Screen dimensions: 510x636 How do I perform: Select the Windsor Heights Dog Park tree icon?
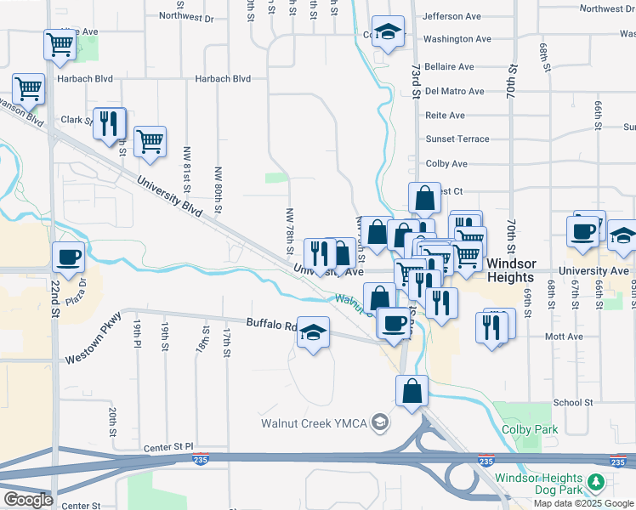click(x=596, y=483)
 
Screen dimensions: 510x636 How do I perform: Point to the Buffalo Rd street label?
click(x=271, y=324)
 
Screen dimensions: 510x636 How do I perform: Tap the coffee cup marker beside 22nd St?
click(x=69, y=257)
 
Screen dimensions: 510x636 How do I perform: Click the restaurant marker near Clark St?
click(x=109, y=123)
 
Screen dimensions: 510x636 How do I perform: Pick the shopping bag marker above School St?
click(x=412, y=391)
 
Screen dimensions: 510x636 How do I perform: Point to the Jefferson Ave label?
click(x=451, y=16)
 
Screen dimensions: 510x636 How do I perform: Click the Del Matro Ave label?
click(x=454, y=91)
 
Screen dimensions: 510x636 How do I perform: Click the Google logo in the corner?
click(x=27, y=499)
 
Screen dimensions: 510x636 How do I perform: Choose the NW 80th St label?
click(x=219, y=188)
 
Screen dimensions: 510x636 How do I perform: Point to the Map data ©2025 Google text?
click(x=583, y=503)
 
